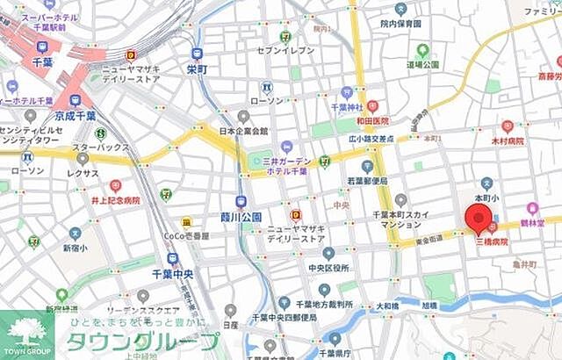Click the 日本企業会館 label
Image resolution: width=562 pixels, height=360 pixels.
tap(243, 132)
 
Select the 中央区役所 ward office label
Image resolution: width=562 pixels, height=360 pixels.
tap(329, 268)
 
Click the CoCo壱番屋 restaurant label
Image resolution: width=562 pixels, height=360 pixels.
tap(186, 235)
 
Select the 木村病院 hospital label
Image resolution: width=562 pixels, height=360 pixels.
tap(507, 140)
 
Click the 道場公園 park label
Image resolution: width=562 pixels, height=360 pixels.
tap(422, 64)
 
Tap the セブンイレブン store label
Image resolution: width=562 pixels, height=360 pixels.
tap(285, 51)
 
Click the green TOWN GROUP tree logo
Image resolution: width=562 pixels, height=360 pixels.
tap(25, 331)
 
